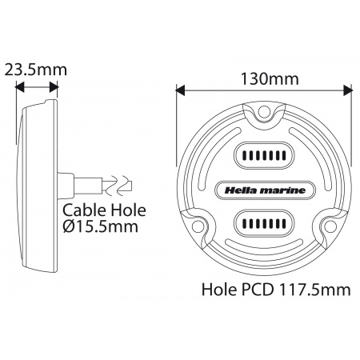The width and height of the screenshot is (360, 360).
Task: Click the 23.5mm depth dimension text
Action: click(36, 70)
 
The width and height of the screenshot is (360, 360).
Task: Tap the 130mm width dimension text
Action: click(270, 79)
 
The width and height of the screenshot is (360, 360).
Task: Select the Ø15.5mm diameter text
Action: click(101, 227)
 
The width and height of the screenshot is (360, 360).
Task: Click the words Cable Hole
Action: click(104, 210)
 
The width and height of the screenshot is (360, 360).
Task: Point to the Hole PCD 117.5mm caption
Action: click(276, 290)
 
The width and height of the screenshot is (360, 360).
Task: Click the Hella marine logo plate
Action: click(265, 190)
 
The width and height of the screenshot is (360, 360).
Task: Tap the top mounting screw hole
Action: click(264, 110)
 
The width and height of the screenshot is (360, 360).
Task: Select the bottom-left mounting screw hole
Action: click(197, 226)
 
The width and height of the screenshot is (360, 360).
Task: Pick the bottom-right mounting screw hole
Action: click(331, 226)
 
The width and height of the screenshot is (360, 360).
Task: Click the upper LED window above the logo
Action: click(264, 155)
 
